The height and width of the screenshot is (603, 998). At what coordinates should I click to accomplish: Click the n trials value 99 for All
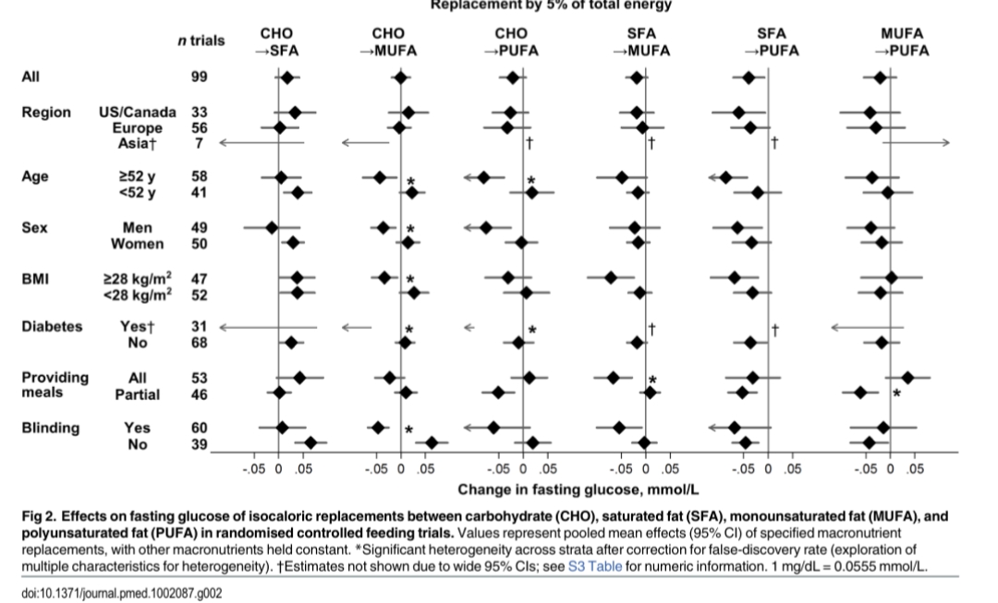pos(199,78)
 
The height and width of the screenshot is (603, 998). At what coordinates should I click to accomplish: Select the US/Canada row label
pos(137,112)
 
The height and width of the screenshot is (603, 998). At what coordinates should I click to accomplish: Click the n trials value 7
pos(199,143)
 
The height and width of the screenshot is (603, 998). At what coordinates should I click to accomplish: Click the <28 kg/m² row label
pos(136,295)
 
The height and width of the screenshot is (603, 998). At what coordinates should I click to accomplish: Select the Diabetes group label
pos(52,327)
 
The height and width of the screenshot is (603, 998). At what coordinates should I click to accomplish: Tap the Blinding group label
pos(51,428)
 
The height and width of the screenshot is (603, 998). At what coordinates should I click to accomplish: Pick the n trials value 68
pos(199,344)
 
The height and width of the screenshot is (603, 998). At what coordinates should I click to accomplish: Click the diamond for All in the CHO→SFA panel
pos(286,78)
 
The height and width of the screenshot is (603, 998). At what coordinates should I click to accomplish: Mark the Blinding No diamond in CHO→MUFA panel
pos(431,443)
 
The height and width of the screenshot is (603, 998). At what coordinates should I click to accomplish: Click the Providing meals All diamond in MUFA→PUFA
pos(907,377)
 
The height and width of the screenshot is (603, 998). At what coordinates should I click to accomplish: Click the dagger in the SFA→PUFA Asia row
pos(774,143)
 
